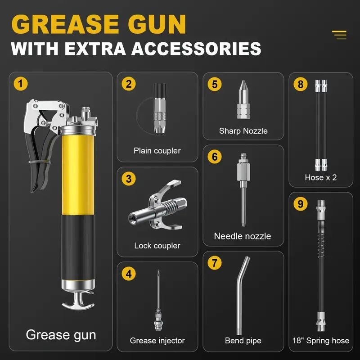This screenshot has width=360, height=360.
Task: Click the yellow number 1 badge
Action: pyautogui.click(x=21, y=84)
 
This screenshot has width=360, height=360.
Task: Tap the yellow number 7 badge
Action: pyautogui.click(x=215, y=263)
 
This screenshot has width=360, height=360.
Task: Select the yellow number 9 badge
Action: pyautogui.click(x=300, y=204)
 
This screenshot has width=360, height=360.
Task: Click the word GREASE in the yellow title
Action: pyautogui.click(x=65, y=24)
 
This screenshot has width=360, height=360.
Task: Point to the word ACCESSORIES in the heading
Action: pyautogui.click(x=196, y=49)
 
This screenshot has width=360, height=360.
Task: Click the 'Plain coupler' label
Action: pyautogui.click(x=157, y=151)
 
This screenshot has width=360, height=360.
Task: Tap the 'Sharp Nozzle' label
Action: pyautogui.click(x=243, y=131)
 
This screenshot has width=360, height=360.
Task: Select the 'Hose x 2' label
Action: pyautogui.click(x=321, y=177)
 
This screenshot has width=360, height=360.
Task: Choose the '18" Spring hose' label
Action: pyautogui.click(x=321, y=341)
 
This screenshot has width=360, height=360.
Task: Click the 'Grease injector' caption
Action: pyautogui.click(x=157, y=341)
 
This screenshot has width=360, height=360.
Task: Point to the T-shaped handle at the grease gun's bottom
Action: pyautogui.click(x=78, y=301)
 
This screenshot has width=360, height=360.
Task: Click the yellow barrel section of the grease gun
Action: pyautogui.click(x=78, y=175)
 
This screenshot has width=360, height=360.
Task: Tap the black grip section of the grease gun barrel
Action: pyautogui.click(x=78, y=247)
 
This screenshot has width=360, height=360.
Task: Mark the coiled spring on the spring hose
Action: pyautogui.click(x=321, y=241)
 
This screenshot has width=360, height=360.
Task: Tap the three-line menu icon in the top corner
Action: pyautogui.click(x=339, y=35)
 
